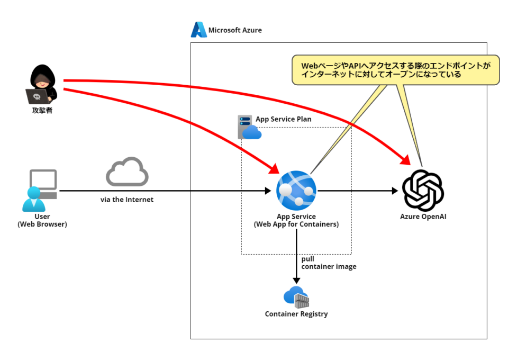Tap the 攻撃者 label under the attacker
[42, 110]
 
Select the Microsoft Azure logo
[199, 30]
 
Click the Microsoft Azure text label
[235, 30]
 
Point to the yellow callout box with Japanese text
[395, 70]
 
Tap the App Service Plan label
[283, 119]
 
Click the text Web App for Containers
[296, 224]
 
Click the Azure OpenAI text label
[423, 217]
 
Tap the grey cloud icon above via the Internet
[127, 172]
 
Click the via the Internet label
[127, 200]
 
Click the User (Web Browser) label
[42, 220]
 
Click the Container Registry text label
[296, 314]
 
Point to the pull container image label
[329, 263]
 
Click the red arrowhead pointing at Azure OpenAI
[405, 159]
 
